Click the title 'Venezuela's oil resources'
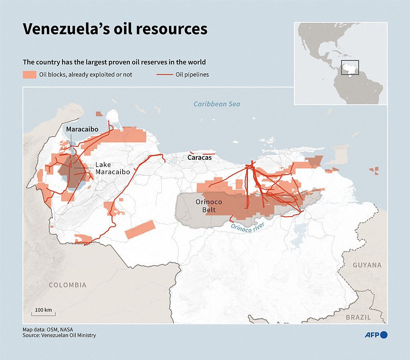pos(115,29)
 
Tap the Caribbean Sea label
pos(217,104)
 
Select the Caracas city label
pos(199,158)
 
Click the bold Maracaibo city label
pos(82,129)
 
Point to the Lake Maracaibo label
pos(113,168)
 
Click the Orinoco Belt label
pos(206,206)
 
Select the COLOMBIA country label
pos(67,285)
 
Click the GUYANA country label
pos(367,265)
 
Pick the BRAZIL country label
pos(358,317)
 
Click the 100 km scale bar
pos(44,312)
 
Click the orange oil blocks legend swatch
pos(29,74)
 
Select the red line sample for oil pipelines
pos(164,74)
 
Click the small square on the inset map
pos(350,67)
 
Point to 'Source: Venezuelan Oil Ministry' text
pos(59,335)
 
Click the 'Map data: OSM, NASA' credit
pos(48,329)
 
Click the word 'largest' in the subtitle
pos(113,62)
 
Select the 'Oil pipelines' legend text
pos(192,74)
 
